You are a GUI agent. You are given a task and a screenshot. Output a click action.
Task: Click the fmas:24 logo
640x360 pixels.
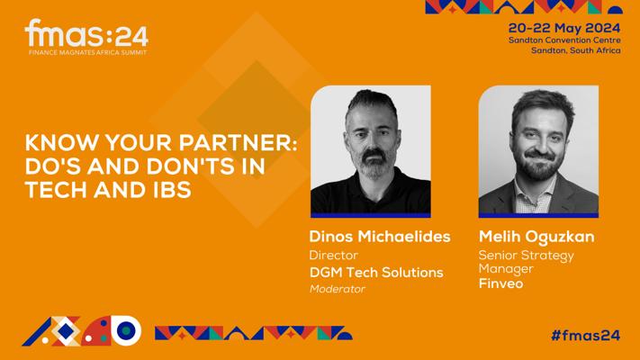[x=86, y=37]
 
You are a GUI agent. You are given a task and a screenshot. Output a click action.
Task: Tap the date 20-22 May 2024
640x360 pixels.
[x=564, y=28]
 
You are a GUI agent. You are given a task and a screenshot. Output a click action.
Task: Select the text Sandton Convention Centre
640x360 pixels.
[x=564, y=40]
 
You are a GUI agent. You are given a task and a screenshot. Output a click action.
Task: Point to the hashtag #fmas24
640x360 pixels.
[x=586, y=335]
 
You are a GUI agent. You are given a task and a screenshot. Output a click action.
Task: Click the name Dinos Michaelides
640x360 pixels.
[x=380, y=237]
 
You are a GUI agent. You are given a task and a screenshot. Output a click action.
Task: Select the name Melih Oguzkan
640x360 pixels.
[x=536, y=237]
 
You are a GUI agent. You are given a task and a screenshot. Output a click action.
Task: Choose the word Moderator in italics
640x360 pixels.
[x=338, y=289]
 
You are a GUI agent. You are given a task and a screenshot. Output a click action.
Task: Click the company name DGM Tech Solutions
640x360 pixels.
[x=376, y=272]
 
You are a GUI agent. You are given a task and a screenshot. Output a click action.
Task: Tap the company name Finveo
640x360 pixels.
[x=500, y=283]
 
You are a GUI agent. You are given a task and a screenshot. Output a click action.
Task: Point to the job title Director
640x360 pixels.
[x=333, y=255]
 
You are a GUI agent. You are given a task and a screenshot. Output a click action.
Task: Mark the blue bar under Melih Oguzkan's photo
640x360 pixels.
[x=538, y=215]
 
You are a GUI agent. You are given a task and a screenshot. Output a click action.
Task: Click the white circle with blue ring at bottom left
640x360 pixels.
[x=127, y=330]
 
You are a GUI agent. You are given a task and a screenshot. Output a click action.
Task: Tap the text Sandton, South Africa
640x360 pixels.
[x=576, y=50]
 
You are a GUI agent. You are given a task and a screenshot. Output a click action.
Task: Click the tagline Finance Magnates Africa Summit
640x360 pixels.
[x=87, y=52]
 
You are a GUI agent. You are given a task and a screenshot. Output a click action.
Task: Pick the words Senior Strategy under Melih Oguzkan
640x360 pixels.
[x=526, y=256]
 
